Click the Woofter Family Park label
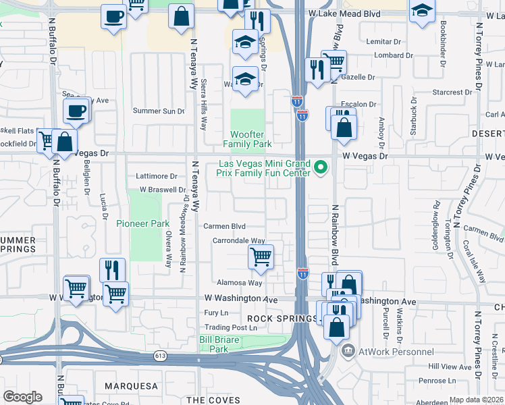[x=247, y=139]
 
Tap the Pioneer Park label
[x=142, y=223]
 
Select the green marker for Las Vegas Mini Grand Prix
[x=321, y=168]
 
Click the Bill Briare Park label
[x=219, y=344]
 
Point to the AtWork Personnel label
[x=395, y=351]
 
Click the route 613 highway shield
[x=160, y=356]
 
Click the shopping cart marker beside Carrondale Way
[x=261, y=256]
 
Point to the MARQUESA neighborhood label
[x=131, y=386]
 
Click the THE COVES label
[x=213, y=400]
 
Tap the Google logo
[x=23, y=396]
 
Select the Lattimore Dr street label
[x=157, y=176]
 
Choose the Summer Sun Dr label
[x=158, y=111]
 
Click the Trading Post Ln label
[x=231, y=328]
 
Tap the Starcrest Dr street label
[x=452, y=92]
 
